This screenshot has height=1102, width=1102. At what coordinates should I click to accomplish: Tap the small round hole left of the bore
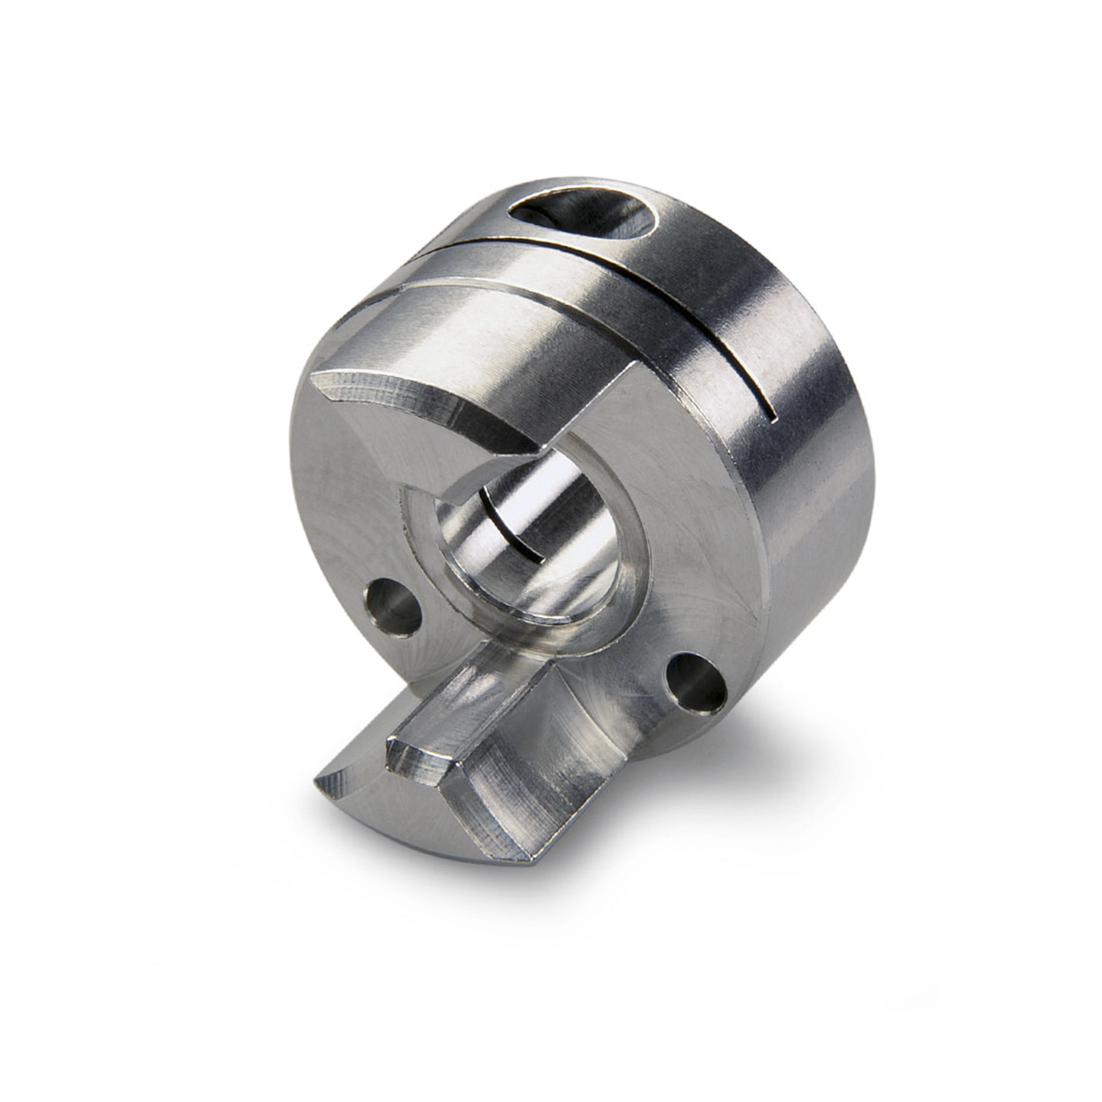393,607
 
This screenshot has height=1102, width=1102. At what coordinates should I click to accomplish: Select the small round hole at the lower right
696,680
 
